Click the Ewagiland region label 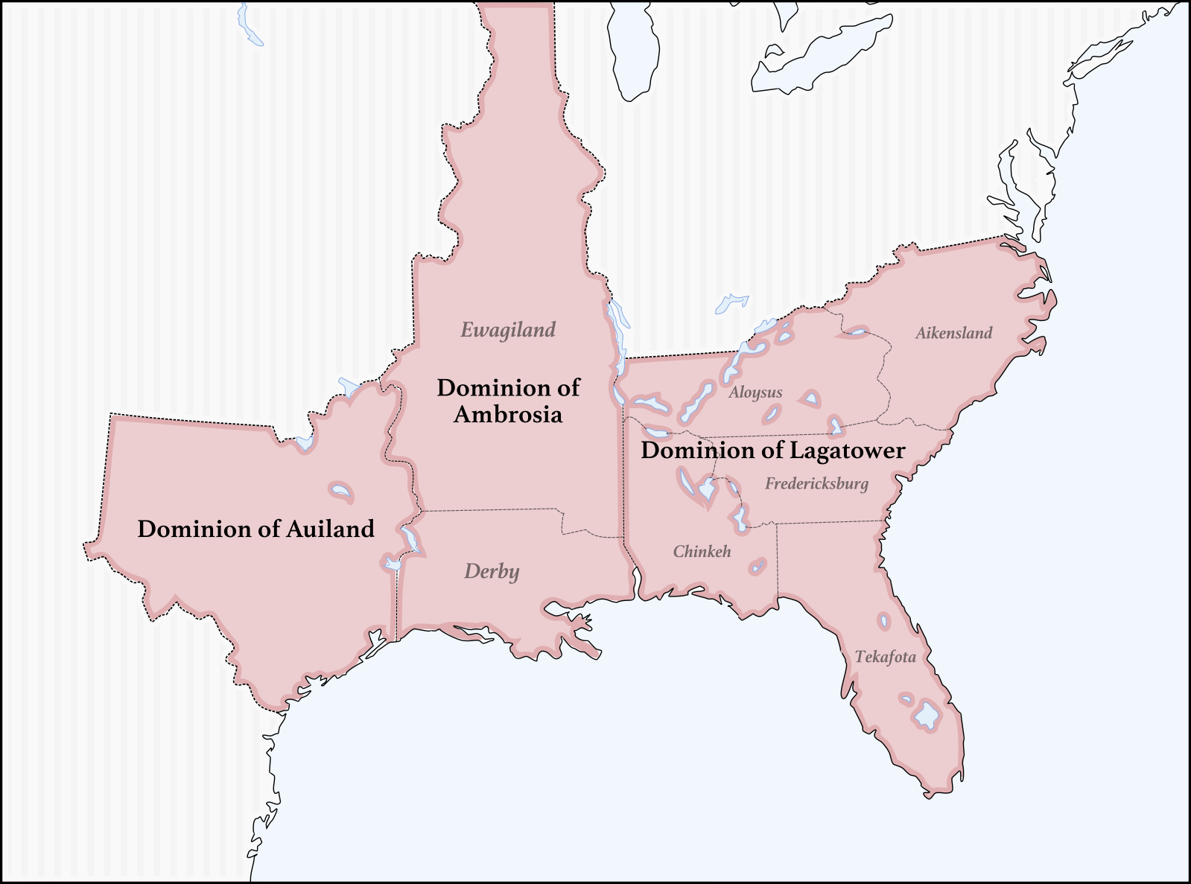pyautogui.click(x=508, y=330)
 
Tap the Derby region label pyautogui.click(x=492, y=572)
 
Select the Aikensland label pyautogui.click(x=953, y=333)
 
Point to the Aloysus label pyautogui.click(x=755, y=392)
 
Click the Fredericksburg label pyautogui.click(x=816, y=484)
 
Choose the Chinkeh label pyautogui.click(x=702, y=552)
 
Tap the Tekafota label pyautogui.click(x=885, y=657)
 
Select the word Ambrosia pyautogui.click(x=508, y=415)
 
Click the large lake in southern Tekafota pyautogui.click(x=927, y=715)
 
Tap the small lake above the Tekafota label pyautogui.click(x=883, y=621)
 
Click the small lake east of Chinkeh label pyautogui.click(x=758, y=567)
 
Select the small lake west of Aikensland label pyautogui.click(x=857, y=332)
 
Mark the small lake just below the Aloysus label pyautogui.click(x=772, y=414)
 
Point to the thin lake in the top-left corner pyautogui.click(x=249, y=26)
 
